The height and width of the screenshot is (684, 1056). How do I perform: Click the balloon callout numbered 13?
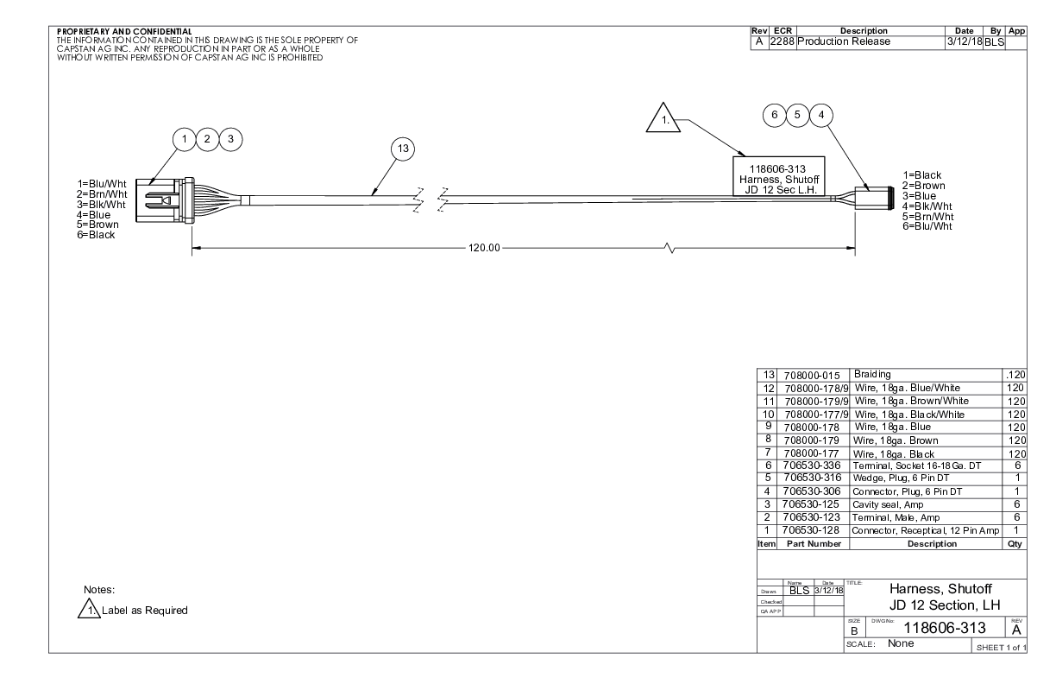pyautogui.click(x=403, y=149)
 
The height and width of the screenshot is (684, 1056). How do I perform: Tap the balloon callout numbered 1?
pyautogui.click(x=185, y=139)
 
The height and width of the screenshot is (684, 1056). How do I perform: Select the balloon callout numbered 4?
pyautogui.click(x=821, y=115)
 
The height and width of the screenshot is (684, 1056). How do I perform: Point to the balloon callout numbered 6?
pyautogui.click(x=775, y=115)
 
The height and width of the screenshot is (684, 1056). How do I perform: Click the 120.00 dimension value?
pyautogui.click(x=484, y=248)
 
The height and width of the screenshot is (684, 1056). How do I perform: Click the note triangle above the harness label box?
pyautogui.click(x=663, y=118)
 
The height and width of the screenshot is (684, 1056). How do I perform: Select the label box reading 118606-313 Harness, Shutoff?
pyautogui.click(x=779, y=176)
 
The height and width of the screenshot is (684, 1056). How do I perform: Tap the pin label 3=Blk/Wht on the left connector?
pyautogui.click(x=101, y=205)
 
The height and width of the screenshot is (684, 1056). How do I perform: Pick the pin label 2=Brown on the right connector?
pyautogui.click(x=924, y=186)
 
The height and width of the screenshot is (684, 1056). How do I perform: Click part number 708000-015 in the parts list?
pyautogui.click(x=812, y=376)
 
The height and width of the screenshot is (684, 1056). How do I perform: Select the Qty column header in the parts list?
pyautogui.click(x=1015, y=544)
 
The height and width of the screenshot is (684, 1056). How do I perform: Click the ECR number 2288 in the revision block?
pyautogui.click(x=783, y=41)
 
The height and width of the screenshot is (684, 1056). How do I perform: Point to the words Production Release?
pyautogui.click(x=844, y=41)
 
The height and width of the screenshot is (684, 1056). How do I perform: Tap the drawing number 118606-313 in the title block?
pyautogui.click(x=944, y=628)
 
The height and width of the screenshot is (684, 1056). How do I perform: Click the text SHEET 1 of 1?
pyautogui.click(x=1002, y=648)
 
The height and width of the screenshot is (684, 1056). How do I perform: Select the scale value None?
pyautogui.click(x=901, y=643)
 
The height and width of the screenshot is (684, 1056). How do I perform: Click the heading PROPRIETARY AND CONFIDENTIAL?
pyautogui.click(x=124, y=32)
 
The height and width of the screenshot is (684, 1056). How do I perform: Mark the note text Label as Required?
pyautogui.click(x=145, y=611)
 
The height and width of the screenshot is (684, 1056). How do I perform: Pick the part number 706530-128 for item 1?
pyautogui.click(x=810, y=530)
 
